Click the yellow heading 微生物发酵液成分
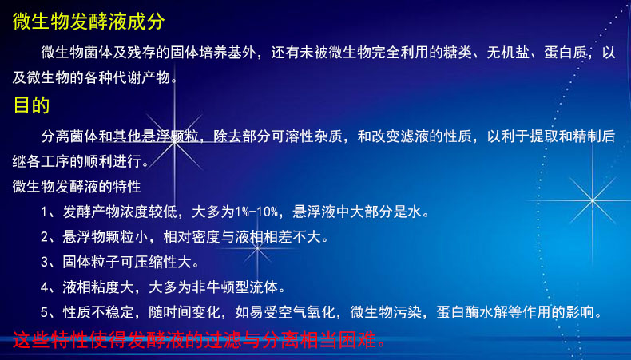[89, 22]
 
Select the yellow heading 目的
[31, 105]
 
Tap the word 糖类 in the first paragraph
[458, 53]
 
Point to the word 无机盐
[508, 53]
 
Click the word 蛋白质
[566, 53]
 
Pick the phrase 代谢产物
[141, 77]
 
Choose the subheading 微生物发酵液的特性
[77, 186]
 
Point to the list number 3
[45, 262]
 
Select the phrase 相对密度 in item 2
[192, 237]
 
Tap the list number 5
[45, 312]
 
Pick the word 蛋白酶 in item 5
[458, 312]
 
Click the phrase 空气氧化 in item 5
[307, 312]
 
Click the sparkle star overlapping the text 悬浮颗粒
[175, 141]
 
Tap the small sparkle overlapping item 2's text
[257, 248]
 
